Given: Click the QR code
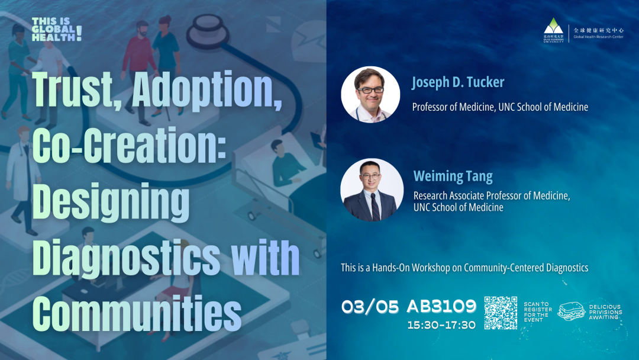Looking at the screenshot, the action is point(501,313).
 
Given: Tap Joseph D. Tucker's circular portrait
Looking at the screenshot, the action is point(370,95).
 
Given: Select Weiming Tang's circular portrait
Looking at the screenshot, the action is point(372,190).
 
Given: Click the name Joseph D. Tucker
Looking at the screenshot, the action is point(457,83).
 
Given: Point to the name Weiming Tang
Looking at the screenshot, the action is point(453,176).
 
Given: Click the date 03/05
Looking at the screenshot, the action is point(370,307).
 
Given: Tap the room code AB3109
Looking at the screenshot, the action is point(441,306).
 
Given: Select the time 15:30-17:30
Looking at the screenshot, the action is point(441,325).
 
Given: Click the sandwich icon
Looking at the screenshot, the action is point(571,311).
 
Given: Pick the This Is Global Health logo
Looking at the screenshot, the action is point(57,29).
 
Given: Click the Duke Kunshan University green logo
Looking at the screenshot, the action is point(553,30).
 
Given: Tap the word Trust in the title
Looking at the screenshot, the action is point(76,91).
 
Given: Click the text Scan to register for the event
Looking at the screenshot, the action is point(537,312).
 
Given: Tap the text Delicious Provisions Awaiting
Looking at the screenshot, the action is point(606,312).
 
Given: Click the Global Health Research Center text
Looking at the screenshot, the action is point(598,37).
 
